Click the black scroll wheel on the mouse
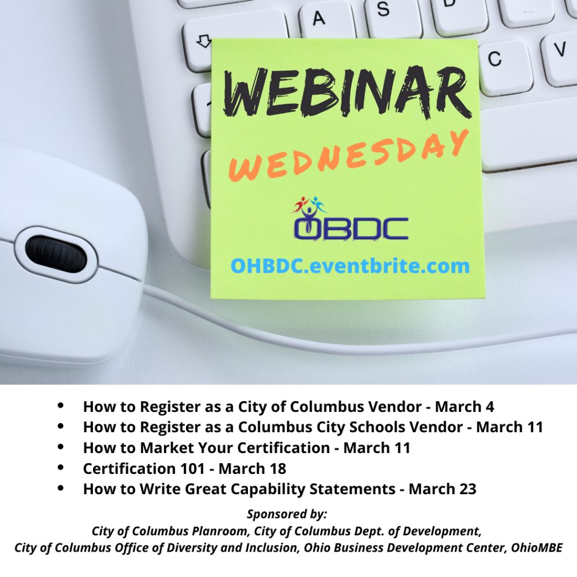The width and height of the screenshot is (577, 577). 56,254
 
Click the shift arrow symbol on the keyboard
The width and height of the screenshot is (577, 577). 204,41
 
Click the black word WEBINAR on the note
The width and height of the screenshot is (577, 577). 347,92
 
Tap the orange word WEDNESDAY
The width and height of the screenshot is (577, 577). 348,156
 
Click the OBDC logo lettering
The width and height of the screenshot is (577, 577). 351,228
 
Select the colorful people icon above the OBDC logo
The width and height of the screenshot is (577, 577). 310,207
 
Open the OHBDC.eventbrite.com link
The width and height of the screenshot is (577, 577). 350,266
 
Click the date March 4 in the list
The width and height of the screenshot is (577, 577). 464,407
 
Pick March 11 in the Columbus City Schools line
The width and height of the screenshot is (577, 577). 509,427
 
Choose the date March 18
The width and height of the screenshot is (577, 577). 252,468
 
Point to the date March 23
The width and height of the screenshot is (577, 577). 443,489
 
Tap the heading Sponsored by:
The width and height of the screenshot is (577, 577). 287,514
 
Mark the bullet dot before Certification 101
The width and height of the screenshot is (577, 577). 61,468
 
